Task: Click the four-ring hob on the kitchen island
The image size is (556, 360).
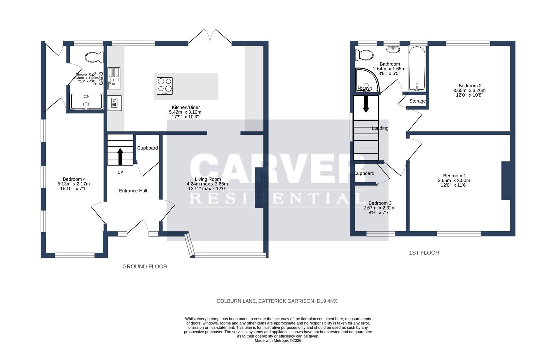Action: tap(165, 86)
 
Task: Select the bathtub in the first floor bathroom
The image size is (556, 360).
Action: tap(417, 68)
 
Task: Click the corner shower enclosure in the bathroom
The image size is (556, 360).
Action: tap(365, 80)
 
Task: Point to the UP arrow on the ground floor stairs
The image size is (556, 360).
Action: tap(120, 156)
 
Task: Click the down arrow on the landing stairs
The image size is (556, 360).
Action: tap(366, 104)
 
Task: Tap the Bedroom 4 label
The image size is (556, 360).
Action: tap(74, 179)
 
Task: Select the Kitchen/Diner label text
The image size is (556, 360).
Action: tap(185, 107)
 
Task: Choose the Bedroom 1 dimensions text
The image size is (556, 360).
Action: tap(454, 183)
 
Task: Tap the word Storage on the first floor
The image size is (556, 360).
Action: tap(417, 101)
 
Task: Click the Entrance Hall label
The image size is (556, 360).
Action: tap(133, 191)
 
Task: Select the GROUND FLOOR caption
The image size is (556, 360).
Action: tap(145, 266)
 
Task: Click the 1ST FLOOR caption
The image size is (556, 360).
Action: tap(424, 253)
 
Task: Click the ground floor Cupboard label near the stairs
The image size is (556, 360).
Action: tap(147, 148)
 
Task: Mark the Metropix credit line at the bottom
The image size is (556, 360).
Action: tap(278, 341)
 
